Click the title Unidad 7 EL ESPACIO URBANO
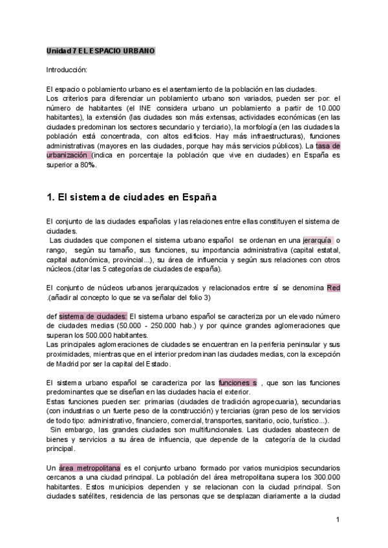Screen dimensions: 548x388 [x=100, y=50]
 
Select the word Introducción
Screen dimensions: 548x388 [x=66, y=69]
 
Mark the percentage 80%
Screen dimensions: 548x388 [x=78, y=165]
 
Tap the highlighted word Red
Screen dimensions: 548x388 [x=334, y=288]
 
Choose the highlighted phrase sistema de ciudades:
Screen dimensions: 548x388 [x=93, y=316]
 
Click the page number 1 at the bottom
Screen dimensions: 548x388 [x=338, y=519]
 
